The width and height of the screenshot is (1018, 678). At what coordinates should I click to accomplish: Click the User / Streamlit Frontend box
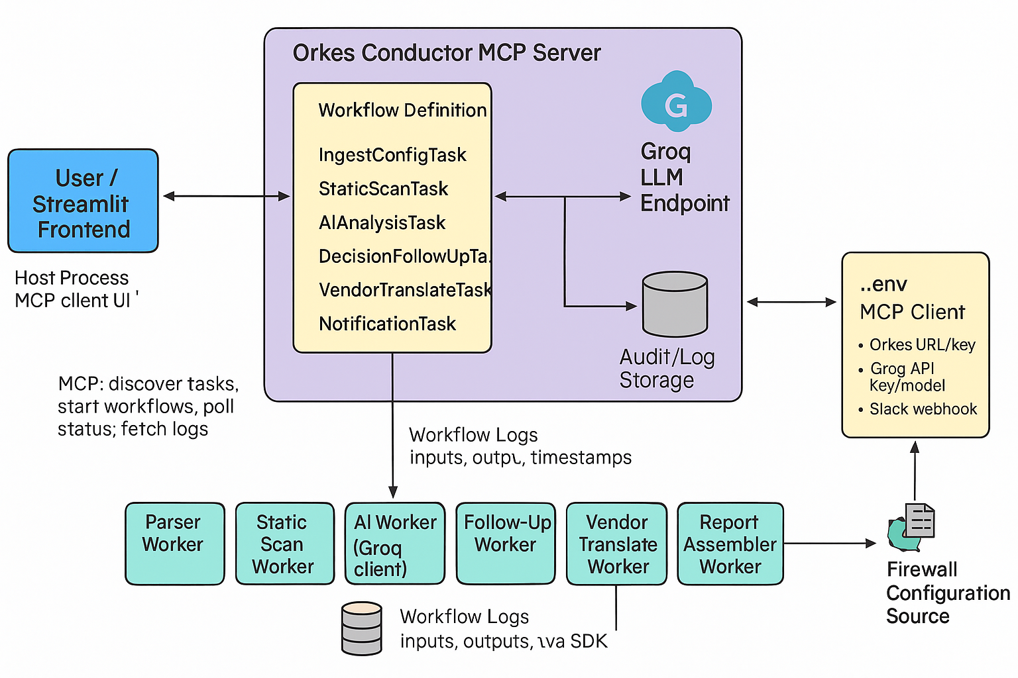pyautogui.click(x=83, y=201)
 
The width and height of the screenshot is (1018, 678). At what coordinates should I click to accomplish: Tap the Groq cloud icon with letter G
pyautogui.click(x=676, y=103)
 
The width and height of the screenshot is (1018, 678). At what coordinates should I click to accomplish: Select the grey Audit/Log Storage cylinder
pyautogui.click(x=675, y=304)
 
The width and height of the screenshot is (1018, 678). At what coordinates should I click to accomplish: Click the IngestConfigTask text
pyautogui.click(x=392, y=155)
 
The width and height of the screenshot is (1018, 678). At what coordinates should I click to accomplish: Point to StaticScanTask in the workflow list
pyautogui.click(x=383, y=189)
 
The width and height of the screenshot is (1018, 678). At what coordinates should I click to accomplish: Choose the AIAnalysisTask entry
pyautogui.click(x=382, y=222)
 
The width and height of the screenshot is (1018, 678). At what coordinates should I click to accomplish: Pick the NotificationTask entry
pyautogui.click(x=387, y=324)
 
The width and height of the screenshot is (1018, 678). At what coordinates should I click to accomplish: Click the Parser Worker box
pyautogui.click(x=175, y=543)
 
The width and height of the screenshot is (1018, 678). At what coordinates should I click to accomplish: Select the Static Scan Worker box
pyautogui.click(x=285, y=543)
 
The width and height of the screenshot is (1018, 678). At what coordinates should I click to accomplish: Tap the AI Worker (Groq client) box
pyautogui.click(x=395, y=543)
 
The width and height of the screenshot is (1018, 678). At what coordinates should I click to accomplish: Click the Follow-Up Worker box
pyautogui.click(x=506, y=543)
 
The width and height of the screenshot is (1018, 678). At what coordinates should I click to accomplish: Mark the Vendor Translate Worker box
pyautogui.click(x=616, y=543)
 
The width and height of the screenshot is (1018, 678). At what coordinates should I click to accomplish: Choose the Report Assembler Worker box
pyautogui.click(x=730, y=543)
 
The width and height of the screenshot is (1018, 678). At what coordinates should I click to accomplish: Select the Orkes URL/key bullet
pyautogui.click(x=921, y=345)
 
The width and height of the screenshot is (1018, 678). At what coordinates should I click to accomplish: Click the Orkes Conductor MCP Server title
pyautogui.click(x=447, y=53)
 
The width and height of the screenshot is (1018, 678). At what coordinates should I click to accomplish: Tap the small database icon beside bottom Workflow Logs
pyautogui.click(x=362, y=628)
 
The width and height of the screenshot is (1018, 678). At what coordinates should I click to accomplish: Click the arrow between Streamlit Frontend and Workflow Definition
pyautogui.click(x=226, y=196)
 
